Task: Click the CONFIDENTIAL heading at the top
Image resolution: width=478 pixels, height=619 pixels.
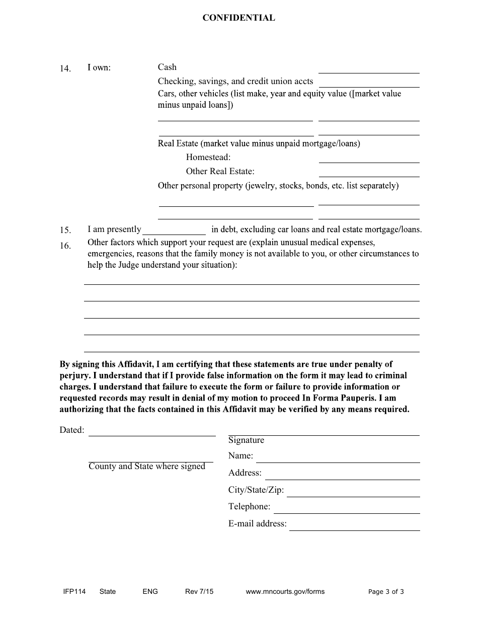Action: [x=238, y=18]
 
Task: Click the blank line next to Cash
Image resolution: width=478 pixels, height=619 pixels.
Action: [x=369, y=68]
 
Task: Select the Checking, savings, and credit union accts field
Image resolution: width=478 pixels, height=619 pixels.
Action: [x=369, y=82]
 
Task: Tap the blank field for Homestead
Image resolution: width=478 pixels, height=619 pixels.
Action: [x=369, y=158]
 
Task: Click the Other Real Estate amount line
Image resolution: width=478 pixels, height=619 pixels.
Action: [x=369, y=172]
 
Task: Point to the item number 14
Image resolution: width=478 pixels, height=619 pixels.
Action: [x=65, y=69]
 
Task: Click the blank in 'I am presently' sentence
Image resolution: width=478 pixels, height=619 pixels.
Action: [x=174, y=230]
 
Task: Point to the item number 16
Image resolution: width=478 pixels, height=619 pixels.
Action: [x=65, y=246]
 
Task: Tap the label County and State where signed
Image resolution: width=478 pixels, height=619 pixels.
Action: [x=147, y=467]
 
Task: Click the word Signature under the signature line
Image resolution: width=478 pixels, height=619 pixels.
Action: [x=246, y=440]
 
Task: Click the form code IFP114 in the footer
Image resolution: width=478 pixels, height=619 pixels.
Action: [x=71, y=592]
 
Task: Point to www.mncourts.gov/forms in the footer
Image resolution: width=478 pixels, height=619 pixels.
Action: [x=285, y=592]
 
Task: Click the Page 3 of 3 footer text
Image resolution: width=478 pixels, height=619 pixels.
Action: [x=386, y=592]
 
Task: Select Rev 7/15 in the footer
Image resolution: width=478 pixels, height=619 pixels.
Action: [x=199, y=592]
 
